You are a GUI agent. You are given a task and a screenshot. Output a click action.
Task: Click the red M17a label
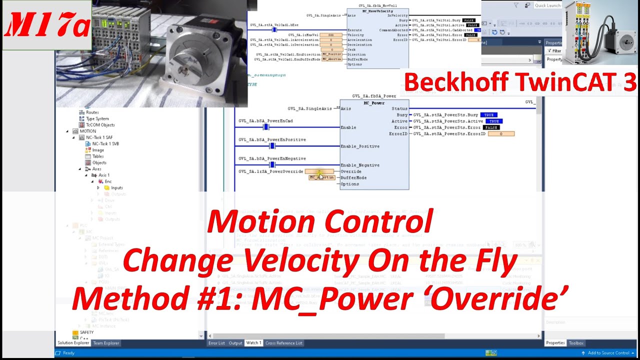(x=47, y=25)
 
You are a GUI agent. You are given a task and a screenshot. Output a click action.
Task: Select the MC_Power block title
(x=374, y=103)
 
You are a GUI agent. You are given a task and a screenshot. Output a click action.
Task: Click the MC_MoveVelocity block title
(x=377, y=11)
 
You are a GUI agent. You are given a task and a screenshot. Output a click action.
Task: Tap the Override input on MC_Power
(x=350, y=171)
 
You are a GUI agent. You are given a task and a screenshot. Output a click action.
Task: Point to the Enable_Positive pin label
(x=359, y=146)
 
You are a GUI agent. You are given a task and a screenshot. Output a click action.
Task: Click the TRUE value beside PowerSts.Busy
(x=488, y=115)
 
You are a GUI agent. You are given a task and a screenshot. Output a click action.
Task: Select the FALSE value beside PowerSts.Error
(x=491, y=127)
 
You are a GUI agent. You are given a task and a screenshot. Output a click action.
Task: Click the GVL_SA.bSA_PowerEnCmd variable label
(x=265, y=121)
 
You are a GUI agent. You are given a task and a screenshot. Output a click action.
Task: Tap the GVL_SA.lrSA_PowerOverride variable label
(x=270, y=171)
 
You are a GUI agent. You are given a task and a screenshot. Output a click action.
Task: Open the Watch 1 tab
(x=253, y=343)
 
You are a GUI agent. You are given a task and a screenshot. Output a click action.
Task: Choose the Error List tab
(x=216, y=343)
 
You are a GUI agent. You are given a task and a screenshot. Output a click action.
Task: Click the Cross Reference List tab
(x=283, y=343)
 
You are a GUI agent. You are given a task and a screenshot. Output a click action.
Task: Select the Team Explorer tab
(x=106, y=343)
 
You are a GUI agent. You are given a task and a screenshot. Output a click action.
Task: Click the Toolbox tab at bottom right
(x=576, y=343)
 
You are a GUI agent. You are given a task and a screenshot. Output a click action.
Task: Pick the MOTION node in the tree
(x=87, y=131)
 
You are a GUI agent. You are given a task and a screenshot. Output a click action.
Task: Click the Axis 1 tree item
(x=103, y=175)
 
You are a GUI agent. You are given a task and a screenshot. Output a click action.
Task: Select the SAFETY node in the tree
(x=86, y=332)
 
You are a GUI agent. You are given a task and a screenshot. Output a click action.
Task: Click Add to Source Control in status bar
(x=608, y=353)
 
